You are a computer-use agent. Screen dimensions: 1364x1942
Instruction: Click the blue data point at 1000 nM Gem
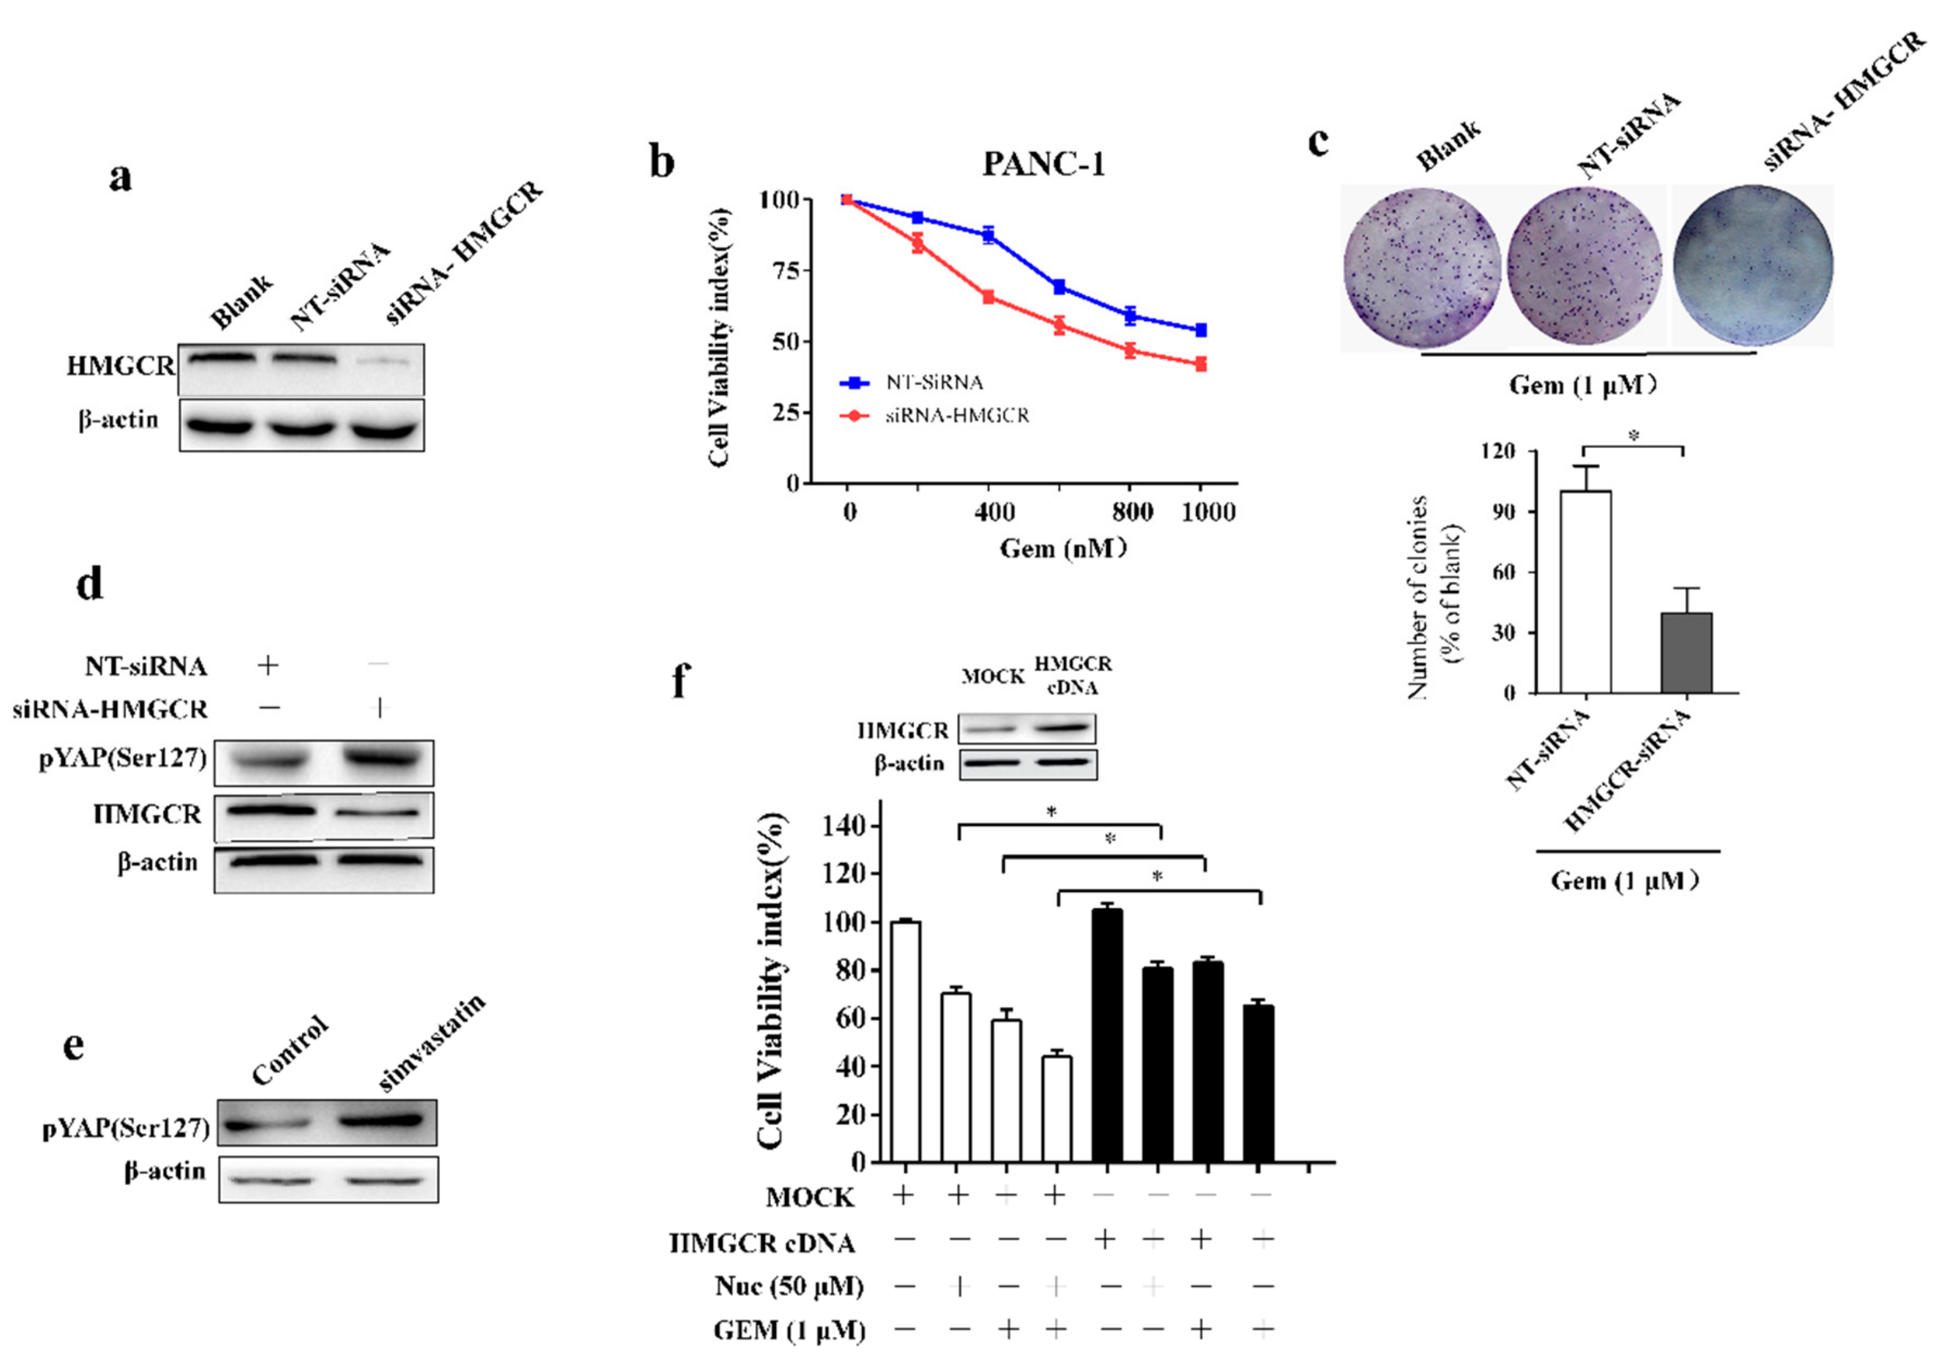[x=1200, y=330]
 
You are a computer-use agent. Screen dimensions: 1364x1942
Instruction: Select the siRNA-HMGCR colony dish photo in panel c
[x=1753, y=265]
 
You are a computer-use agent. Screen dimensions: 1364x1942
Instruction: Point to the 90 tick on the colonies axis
[x=1503, y=511]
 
